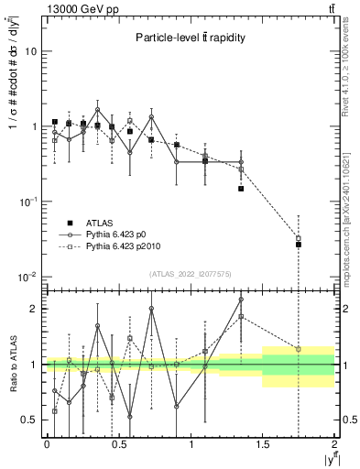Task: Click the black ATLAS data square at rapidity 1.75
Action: [x=299, y=245]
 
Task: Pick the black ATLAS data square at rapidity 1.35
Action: [x=241, y=189]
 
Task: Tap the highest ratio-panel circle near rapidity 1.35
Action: [x=241, y=299]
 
